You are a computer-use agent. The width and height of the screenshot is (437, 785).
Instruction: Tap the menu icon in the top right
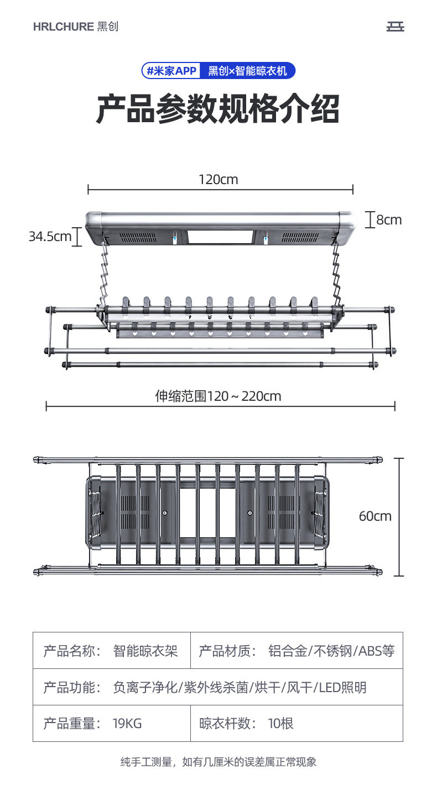pos(396,27)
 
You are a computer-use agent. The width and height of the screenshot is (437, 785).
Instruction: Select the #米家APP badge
pos(171,71)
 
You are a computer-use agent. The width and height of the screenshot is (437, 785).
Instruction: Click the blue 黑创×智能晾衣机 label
pos(248,71)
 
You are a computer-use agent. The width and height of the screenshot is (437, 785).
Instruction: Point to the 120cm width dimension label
pos(218,180)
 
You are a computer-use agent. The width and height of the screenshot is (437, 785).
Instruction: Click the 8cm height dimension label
pos(389,220)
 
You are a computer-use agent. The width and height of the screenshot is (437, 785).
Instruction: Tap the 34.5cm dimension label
pos(50,237)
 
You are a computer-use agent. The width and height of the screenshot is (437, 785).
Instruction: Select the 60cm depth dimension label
pos(375,516)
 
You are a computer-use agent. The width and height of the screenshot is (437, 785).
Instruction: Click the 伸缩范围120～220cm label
pos(218,396)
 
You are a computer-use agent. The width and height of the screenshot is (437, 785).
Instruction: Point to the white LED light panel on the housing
pos(220,237)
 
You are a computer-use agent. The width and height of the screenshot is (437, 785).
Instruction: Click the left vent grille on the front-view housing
pos(139,237)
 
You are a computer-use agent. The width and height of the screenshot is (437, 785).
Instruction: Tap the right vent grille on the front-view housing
pos(300,237)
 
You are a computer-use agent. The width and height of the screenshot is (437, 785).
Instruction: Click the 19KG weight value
pos(127,723)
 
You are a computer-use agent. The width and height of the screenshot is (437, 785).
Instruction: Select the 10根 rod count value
pos(280,723)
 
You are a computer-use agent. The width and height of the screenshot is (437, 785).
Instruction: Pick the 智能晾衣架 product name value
pos(145,651)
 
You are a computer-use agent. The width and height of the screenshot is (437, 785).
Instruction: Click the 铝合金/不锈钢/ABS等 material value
pos(331,651)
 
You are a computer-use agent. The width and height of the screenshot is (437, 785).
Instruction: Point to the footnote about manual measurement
pos(218,762)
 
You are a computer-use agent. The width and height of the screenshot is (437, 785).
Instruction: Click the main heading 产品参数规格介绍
pos(218,109)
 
